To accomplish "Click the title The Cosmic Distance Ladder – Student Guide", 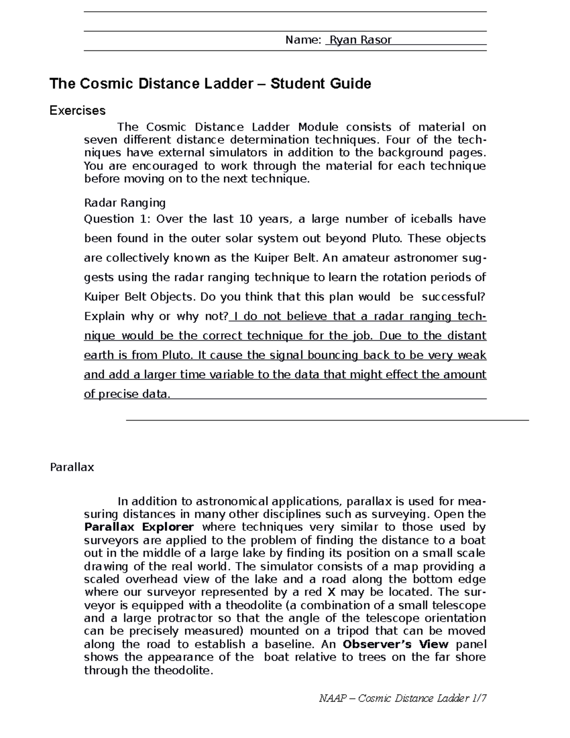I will click(210, 84).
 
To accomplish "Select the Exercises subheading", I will click(78, 111).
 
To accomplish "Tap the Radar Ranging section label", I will click(124, 203).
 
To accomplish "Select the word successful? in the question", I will click(454, 297).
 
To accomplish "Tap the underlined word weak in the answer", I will click(472, 355).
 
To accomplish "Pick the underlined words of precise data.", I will click(126, 394).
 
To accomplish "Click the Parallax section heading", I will click(72, 467).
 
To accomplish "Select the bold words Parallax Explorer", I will click(139, 527).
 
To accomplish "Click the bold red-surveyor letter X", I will click(331, 592).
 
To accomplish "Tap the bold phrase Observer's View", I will click(395, 644).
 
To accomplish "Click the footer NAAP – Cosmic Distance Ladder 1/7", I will click(403, 698).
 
